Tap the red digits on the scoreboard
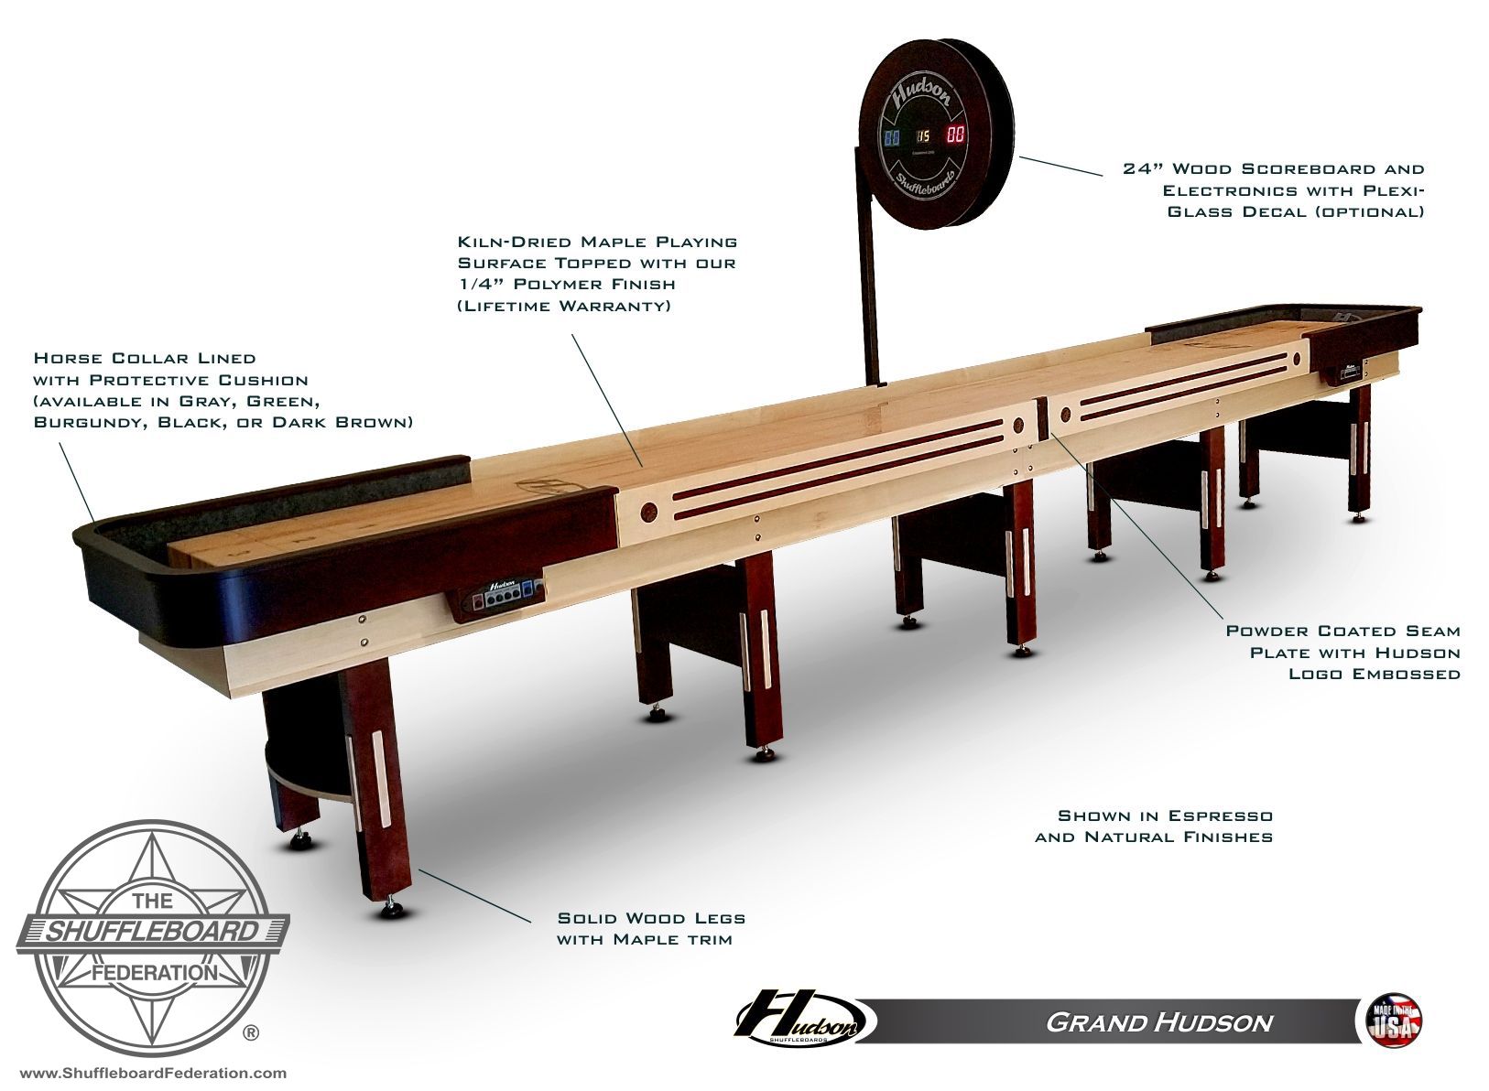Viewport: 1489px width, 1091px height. (956, 135)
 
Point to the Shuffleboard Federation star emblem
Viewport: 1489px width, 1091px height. (153, 939)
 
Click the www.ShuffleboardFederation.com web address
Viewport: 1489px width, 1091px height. (153, 1073)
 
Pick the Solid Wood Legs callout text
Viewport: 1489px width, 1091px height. (651, 929)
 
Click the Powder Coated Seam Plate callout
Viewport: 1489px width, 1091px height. (1342, 653)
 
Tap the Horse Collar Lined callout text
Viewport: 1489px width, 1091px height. (223, 390)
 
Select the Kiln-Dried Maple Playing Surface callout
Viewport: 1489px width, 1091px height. (597, 273)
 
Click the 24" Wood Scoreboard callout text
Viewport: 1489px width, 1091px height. (1274, 190)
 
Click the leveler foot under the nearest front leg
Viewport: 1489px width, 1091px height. (393, 909)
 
